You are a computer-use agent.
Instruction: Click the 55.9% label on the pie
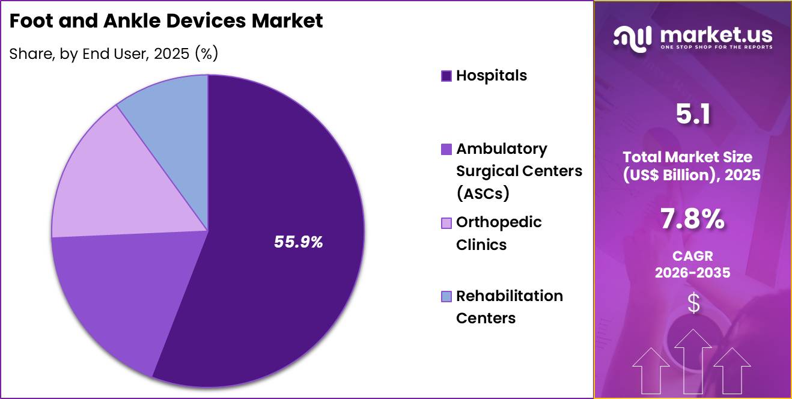point(299,242)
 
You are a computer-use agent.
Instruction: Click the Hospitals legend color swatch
point(446,76)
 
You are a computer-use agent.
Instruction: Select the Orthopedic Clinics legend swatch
point(446,223)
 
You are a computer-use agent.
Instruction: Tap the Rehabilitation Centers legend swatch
point(446,296)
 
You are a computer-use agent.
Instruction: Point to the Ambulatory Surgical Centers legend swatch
point(446,149)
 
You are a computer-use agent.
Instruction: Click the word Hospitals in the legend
point(491,76)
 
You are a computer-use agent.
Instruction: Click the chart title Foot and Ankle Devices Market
point(166,21)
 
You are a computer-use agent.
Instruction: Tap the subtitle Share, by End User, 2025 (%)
point(114,53)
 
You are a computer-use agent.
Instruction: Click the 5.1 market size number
point(693,114)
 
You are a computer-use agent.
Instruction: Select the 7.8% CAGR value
point(693,221)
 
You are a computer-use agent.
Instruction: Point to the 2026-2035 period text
point(693,273)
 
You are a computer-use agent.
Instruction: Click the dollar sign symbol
point(693,303)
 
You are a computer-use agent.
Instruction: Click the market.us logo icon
point(632,38)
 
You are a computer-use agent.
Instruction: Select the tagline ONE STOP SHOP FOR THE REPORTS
point(716,47)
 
